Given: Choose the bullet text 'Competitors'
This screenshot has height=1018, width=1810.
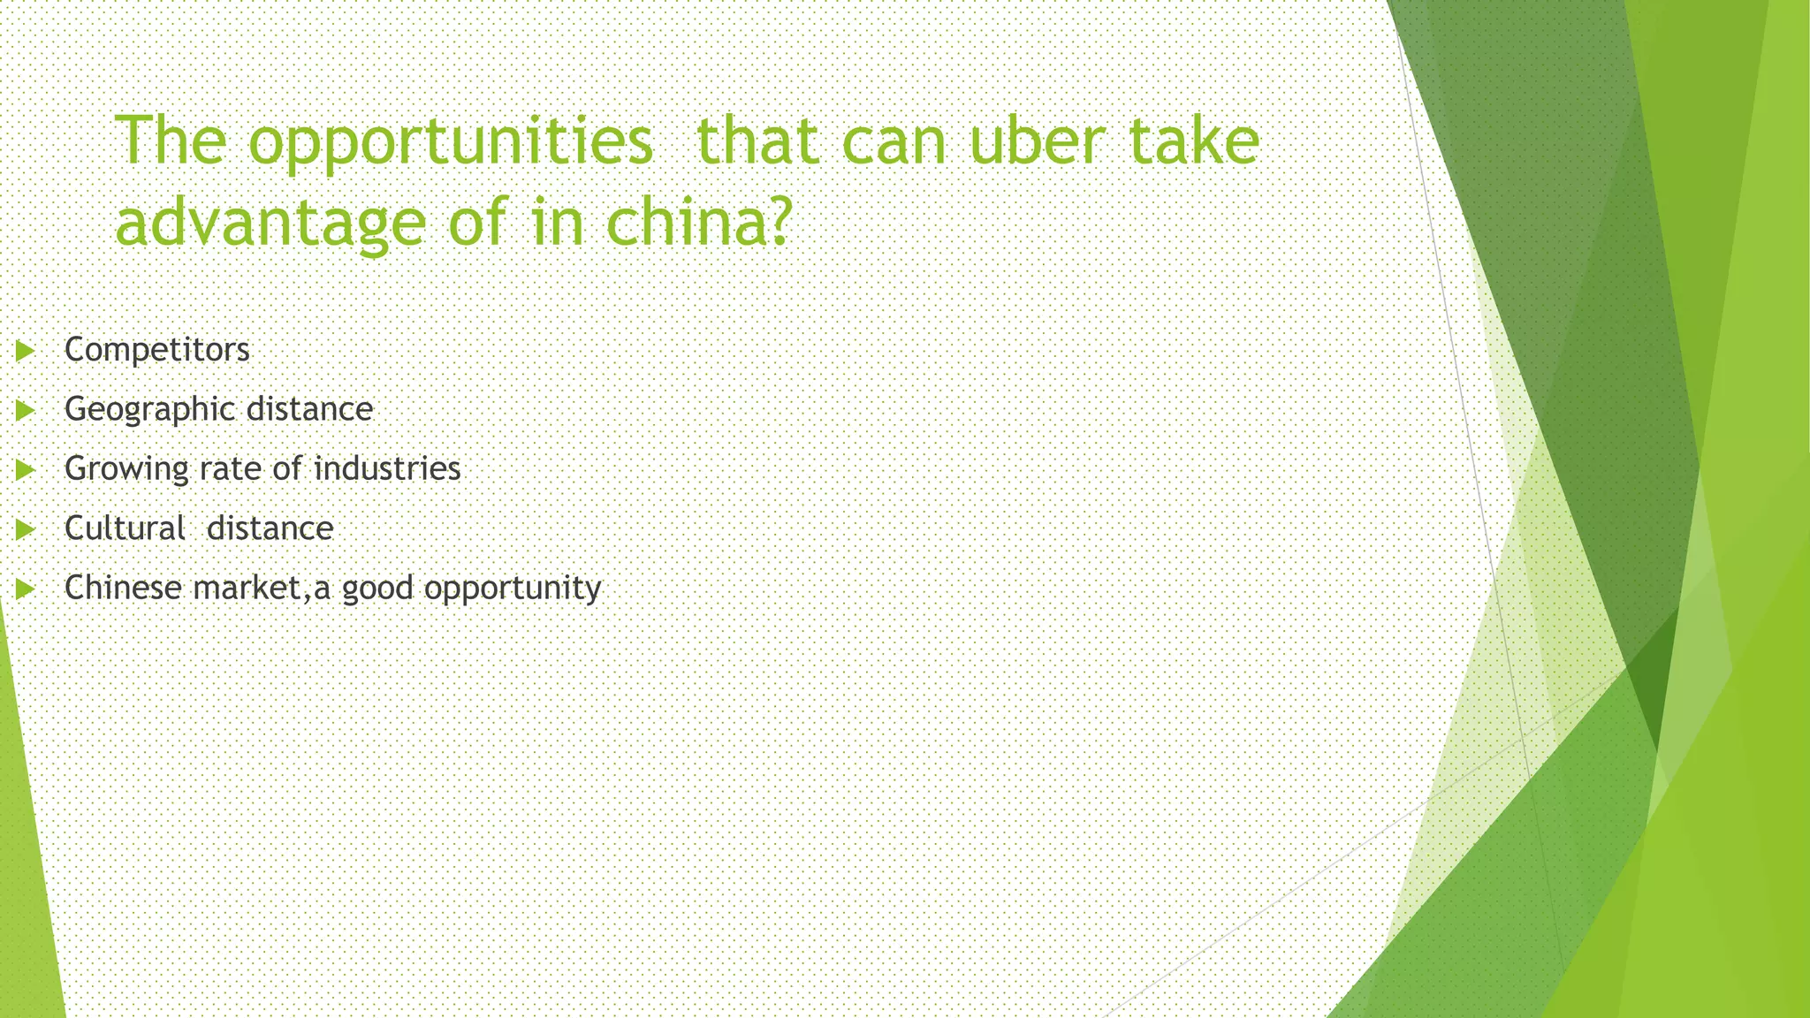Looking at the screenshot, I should (157, 350).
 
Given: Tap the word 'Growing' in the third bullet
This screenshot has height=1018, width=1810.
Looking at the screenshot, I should (126, 469).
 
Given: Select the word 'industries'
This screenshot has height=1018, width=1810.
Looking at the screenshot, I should (387, 468).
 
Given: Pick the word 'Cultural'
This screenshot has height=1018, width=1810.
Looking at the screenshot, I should (125, 528).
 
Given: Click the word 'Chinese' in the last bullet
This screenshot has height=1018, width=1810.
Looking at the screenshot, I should (123, 588).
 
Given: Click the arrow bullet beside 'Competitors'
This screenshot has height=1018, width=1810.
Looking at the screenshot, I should (25, 351).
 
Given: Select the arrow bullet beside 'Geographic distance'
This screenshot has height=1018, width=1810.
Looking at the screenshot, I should (25, 410).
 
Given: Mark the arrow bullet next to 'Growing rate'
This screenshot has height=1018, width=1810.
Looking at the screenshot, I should (25, 469).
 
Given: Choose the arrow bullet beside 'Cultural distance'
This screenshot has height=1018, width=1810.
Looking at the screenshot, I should (25, 529).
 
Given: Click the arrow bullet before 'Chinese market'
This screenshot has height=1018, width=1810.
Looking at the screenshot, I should (25, 589).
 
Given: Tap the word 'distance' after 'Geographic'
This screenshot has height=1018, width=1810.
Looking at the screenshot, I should (309, 409).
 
